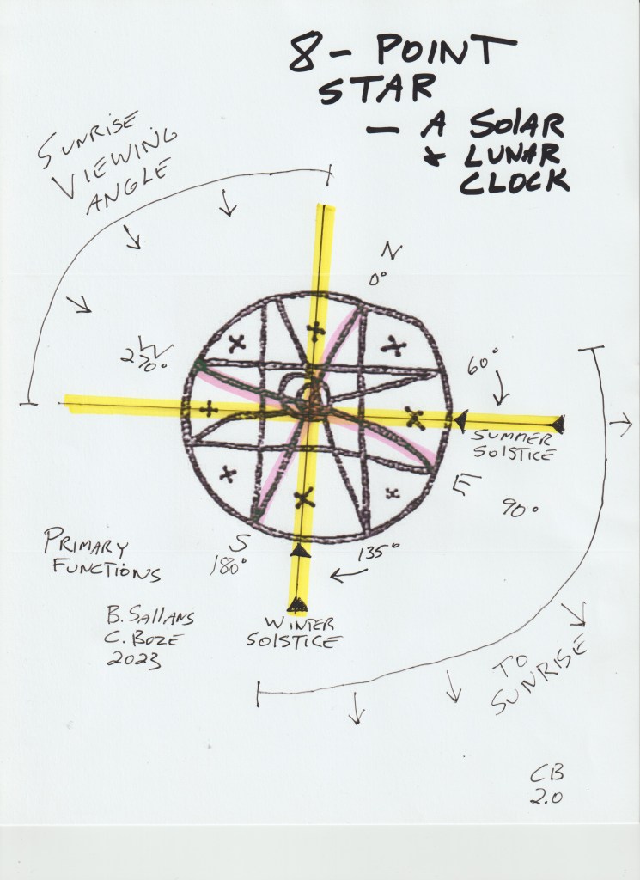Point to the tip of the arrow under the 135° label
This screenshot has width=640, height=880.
pos(331,576)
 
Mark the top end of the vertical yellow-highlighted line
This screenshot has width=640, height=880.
pos(325,205)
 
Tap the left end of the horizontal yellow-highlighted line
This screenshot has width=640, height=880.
pos(64,404)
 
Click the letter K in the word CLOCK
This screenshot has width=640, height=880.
pos(554,181)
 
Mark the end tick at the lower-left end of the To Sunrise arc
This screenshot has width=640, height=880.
pos(258,694)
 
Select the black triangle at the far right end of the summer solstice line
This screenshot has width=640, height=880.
pos(558,425)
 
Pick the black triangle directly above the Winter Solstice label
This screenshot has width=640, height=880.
pos(297,604)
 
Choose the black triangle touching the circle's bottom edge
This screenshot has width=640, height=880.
pos(300,551)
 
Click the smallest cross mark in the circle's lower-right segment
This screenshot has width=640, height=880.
pos(392,493)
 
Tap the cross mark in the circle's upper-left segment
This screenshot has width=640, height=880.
pos(237,343)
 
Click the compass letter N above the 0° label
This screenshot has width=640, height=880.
pos(392,251)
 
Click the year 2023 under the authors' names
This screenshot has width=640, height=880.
pos(133,660)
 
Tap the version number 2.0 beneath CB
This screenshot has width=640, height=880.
pos(547,797)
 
